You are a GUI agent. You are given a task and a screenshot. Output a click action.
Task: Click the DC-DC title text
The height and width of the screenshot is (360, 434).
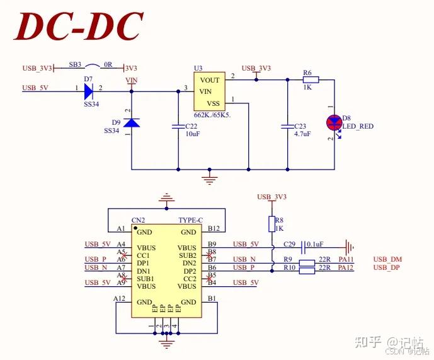[79, 26]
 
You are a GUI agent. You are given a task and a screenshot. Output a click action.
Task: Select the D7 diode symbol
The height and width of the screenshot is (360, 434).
[88, 91]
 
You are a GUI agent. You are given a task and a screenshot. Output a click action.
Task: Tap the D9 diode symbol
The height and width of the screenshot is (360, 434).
[131, 122]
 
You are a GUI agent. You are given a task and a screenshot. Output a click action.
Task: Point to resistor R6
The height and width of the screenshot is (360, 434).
[311, 79]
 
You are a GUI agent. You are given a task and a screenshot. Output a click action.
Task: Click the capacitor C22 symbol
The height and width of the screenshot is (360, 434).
[178, 127]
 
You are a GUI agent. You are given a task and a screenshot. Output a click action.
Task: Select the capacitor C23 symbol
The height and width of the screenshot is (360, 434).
[287, 127]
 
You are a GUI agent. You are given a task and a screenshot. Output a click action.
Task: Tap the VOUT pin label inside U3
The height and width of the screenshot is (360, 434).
[210, 80]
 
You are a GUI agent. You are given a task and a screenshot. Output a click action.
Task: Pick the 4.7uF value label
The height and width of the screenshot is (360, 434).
[302, 134]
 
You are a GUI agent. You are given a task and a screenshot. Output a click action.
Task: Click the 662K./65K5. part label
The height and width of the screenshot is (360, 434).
[212, 115]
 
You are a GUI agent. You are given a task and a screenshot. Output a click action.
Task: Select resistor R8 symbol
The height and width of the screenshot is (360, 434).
[272, 224]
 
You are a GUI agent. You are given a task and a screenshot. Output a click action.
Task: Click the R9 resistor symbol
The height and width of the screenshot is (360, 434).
[307, 262]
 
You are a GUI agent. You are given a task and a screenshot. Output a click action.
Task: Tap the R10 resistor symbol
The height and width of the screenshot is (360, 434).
[307, 271]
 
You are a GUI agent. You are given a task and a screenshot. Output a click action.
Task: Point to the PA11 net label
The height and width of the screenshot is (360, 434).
[346, 259]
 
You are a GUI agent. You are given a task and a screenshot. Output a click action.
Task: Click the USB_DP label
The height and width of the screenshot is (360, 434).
[387, 268]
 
